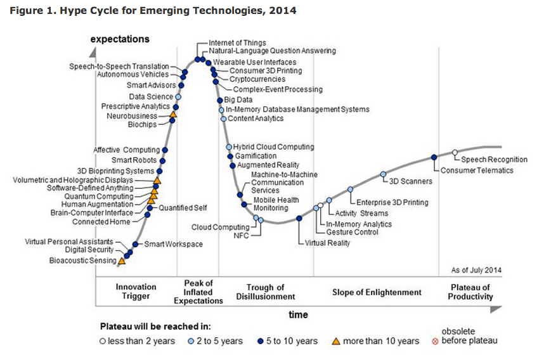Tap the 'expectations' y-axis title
tap(120, 39)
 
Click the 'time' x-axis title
tap(298, 315)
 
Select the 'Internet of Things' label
tap(237, 42)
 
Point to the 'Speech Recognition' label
tap(493, 160)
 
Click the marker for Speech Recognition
tap(455, 152)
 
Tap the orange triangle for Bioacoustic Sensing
tap(122, 260)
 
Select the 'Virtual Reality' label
tap(327, 243)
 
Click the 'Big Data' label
tap(238, 100)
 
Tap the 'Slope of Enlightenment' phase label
tap(377, 292)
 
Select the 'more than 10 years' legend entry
tap(381, 341)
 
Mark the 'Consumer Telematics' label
tap(476, 170)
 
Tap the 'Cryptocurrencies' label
tap(252, 79)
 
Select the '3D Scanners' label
tap(410, 181)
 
